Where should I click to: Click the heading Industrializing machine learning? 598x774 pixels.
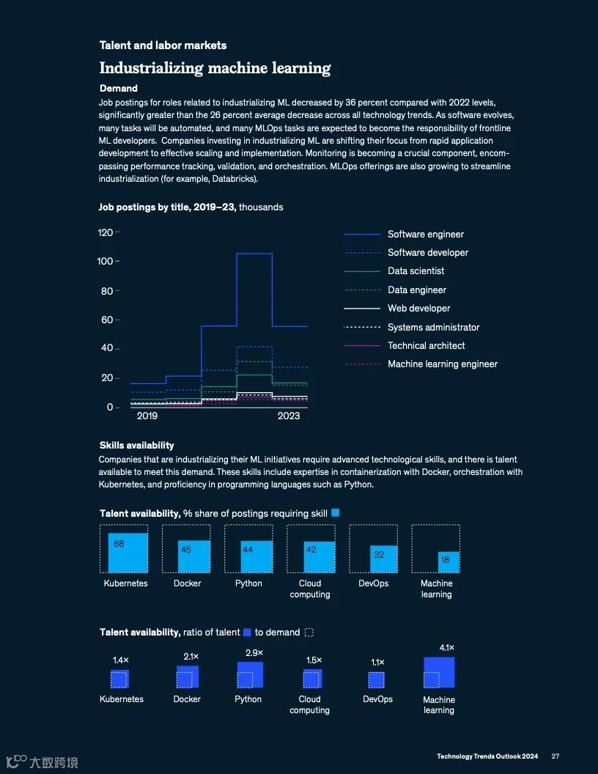point(215,69)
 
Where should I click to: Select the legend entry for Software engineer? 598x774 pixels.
point(425,235)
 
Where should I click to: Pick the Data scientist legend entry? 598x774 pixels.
point(416,271)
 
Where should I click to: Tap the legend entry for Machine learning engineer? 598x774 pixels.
point(442,364)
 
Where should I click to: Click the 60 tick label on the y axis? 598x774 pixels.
point(107,320)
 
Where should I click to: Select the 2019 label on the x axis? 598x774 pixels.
point(147,416)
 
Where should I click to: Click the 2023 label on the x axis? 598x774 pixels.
point(289,416)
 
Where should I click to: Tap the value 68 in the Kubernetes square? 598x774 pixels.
point(119,544)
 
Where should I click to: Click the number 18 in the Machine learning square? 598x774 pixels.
point(445,560)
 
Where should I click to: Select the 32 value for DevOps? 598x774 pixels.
point(379,555)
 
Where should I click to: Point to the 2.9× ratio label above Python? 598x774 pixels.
point(254,653)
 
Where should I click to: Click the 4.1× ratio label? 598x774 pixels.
point(447,648)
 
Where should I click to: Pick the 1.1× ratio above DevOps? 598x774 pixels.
point(377,663)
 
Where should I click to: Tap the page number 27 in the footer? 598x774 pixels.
point(555,756)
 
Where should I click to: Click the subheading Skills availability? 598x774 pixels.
point(136,445)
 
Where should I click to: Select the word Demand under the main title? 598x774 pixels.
point(119,89)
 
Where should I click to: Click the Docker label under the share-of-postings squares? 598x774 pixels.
point(187,583)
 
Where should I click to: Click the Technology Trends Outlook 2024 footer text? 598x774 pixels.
point(487,756)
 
